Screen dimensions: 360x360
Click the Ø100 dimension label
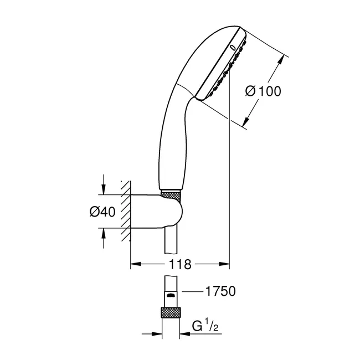point(263,91)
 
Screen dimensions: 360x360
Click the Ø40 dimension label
point(102,212)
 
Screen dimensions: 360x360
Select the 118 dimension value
point(180,264)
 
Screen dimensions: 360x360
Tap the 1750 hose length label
point(220,291)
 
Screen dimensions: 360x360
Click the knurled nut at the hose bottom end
point(171,313)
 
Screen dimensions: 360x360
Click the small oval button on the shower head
point(233,47)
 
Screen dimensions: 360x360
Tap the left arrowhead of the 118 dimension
point(136,264)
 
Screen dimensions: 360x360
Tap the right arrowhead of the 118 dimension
point(224,264)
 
